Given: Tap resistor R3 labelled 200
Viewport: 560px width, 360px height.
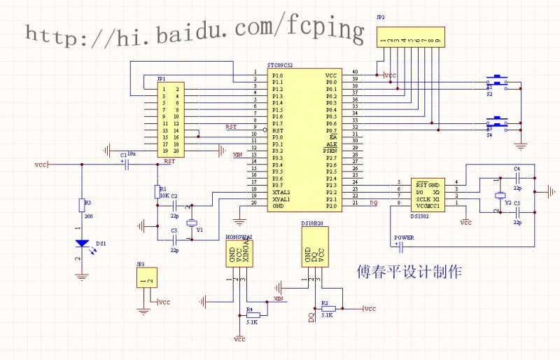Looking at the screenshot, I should (x=83, y=205).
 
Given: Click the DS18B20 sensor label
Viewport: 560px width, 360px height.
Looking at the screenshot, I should (x=311, y=224).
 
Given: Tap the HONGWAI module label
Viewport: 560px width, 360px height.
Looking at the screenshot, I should (x=239, y=237).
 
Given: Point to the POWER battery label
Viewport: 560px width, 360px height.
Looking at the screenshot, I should (x=404, y=237).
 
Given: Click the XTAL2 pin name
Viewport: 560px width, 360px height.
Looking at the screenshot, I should (x=281, y=191).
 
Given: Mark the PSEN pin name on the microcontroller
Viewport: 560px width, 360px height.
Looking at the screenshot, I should (x=330, y=151).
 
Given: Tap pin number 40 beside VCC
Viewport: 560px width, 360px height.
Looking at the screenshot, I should (x=355, y=72).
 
